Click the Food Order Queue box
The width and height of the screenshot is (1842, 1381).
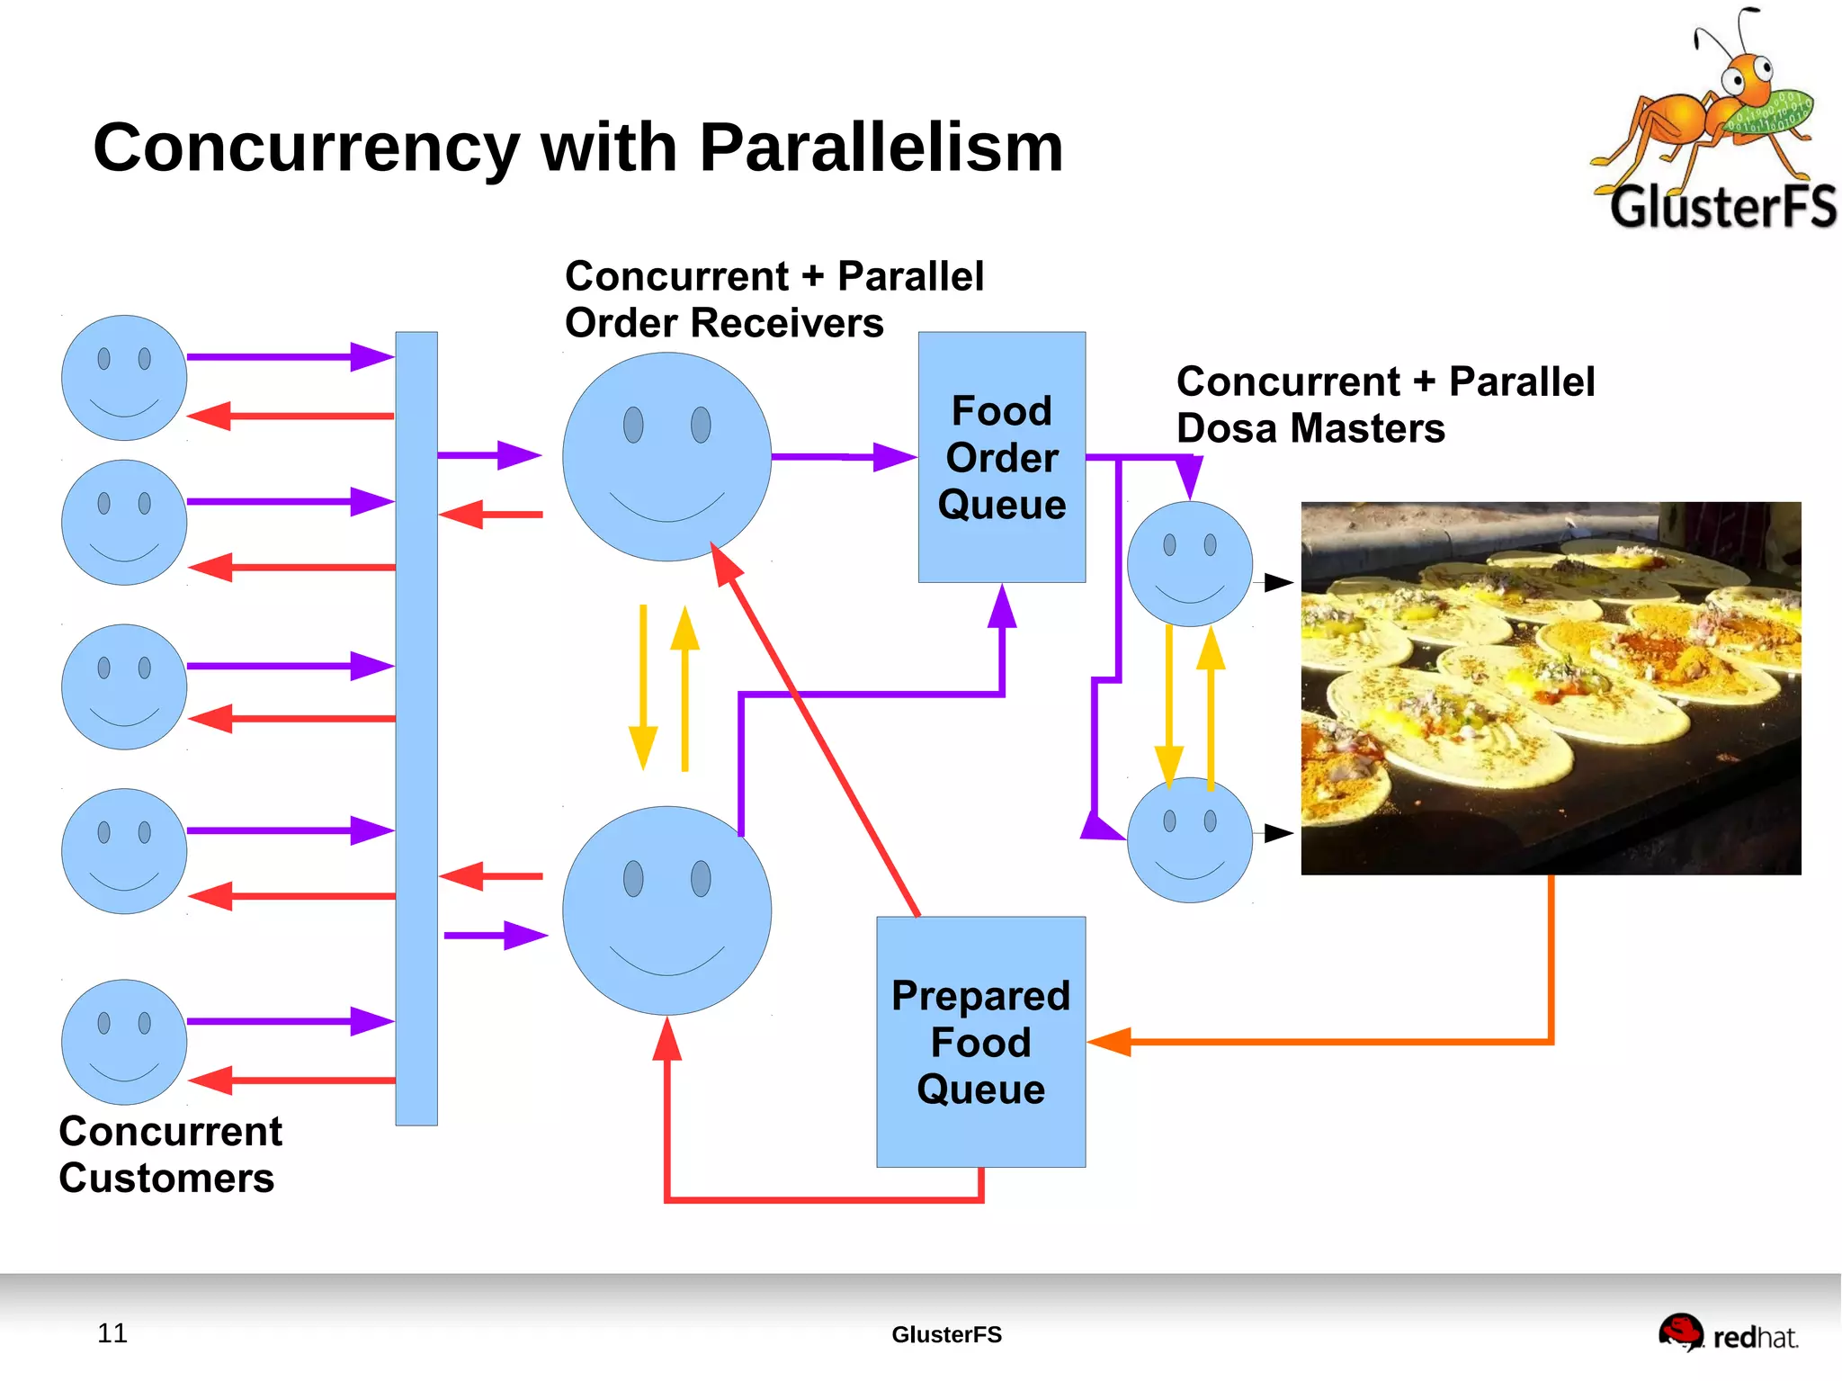(x=1001, y=457)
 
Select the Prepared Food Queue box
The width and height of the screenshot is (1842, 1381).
(x=980, y=1042)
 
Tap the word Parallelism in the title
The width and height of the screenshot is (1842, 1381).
(x=881, y=147)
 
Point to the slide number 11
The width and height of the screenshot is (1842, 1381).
(x=112, y=1332)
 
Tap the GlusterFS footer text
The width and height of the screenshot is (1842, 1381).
(x=946, y=1334)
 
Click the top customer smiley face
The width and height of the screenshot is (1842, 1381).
(x=124, y=378)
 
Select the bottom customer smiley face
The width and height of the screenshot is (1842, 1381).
(x=124, y=1042)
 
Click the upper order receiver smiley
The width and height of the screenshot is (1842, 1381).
(x=666, y=457)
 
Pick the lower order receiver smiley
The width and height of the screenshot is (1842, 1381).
(x=666, y=910)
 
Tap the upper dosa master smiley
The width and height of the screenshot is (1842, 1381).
(x=1190, y=564)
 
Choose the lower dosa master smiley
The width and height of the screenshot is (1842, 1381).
(x=1190, y=839)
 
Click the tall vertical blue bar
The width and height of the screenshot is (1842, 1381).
(x=416, y=729)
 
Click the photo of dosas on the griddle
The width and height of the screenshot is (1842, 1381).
(x=1551, y=688)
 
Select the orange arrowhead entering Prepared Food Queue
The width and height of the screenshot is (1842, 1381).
(x=1109, y=1042)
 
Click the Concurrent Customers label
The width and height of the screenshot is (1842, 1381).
(x=170, y=1154)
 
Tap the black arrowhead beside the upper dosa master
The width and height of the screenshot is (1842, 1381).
(x=1279, y=582)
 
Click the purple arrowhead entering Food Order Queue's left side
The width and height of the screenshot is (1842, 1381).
(x=895, y=457)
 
